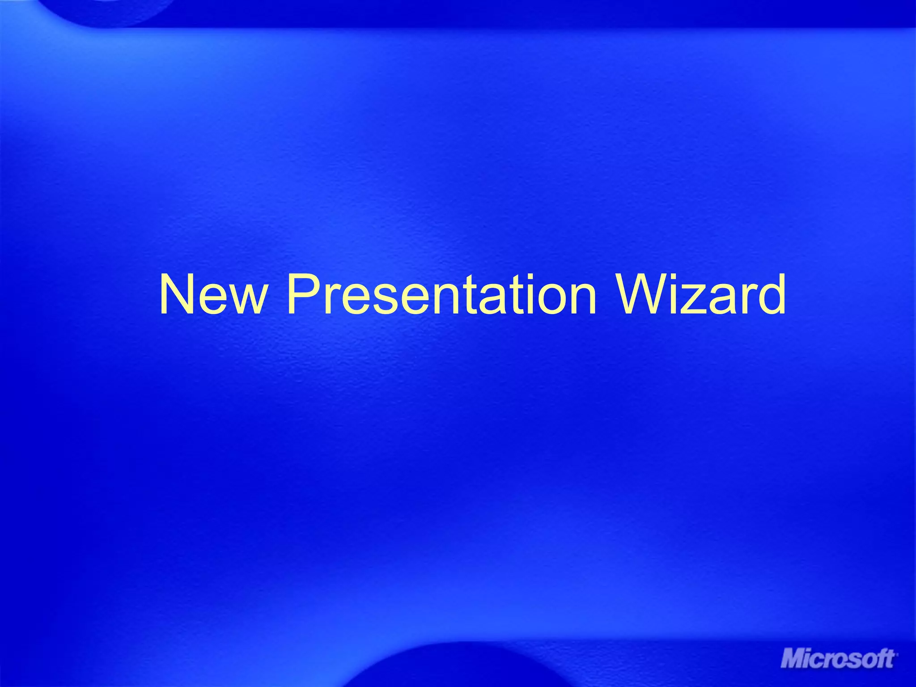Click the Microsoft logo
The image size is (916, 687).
coord(839,659)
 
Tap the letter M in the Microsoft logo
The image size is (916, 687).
coord(793,659)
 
